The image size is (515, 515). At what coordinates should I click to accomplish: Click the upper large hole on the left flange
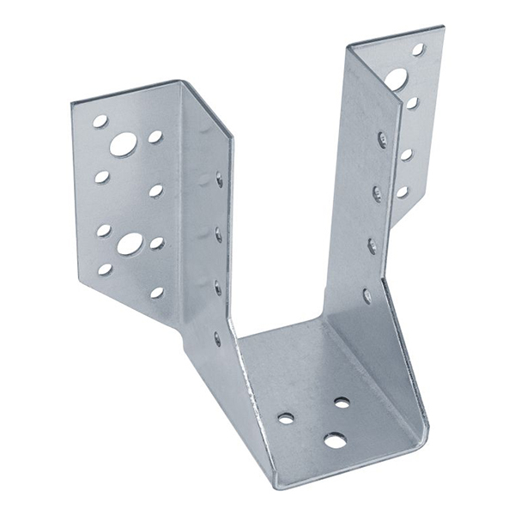[x=123, y=144]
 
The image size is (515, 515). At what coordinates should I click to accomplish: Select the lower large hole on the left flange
[x=130, y=243]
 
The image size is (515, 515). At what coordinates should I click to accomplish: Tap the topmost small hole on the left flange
[x=100, y=121]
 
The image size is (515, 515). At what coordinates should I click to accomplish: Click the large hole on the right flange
[x=396, y=80]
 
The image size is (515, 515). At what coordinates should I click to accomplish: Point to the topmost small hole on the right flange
[x=418, y=50]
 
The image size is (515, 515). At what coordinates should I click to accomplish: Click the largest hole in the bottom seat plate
[x=335, y=440]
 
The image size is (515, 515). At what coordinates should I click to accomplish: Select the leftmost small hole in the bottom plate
[x=286, y=418]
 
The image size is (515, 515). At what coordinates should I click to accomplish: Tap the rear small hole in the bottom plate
[x=342, y=402]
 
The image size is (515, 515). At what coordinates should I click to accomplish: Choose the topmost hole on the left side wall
[x=219, y=179]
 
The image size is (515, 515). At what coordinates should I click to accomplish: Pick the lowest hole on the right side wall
[x=367, y=296]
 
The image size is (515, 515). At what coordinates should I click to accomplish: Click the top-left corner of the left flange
[x=72, y=103]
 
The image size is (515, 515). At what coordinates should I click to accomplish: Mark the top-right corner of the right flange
[x=443, y=27]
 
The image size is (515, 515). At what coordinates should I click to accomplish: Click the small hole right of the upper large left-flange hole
[x=155, y=136]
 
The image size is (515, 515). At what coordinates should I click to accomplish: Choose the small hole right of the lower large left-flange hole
[x=157, y=243]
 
